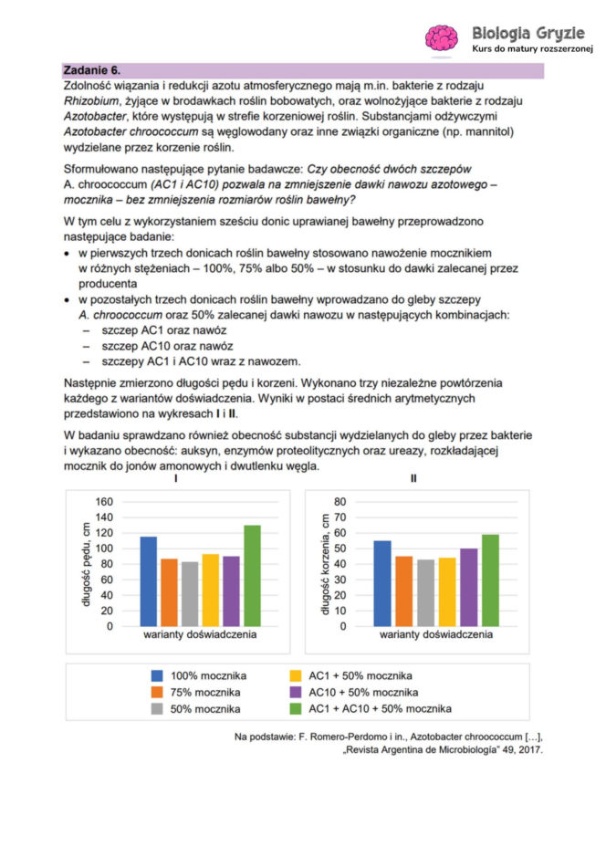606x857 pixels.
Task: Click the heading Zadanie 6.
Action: click(x=92, y=70)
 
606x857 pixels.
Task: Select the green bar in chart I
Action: click(x=252, y=576)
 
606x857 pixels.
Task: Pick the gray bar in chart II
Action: click(x=425, y=593)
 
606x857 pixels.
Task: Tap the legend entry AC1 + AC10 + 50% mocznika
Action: click(x=378, y=708)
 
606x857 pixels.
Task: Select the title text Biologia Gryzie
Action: click(x=533, y=29)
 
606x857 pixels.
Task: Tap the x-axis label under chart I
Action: click(x=198, y=632)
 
